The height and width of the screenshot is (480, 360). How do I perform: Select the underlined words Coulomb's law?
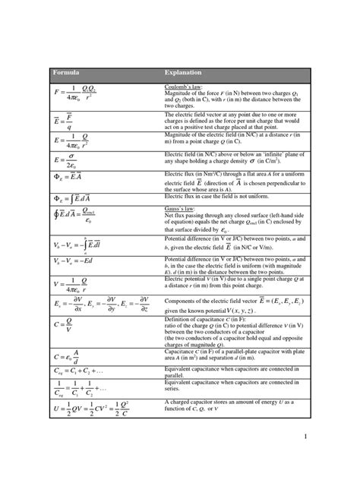coord(185,87)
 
